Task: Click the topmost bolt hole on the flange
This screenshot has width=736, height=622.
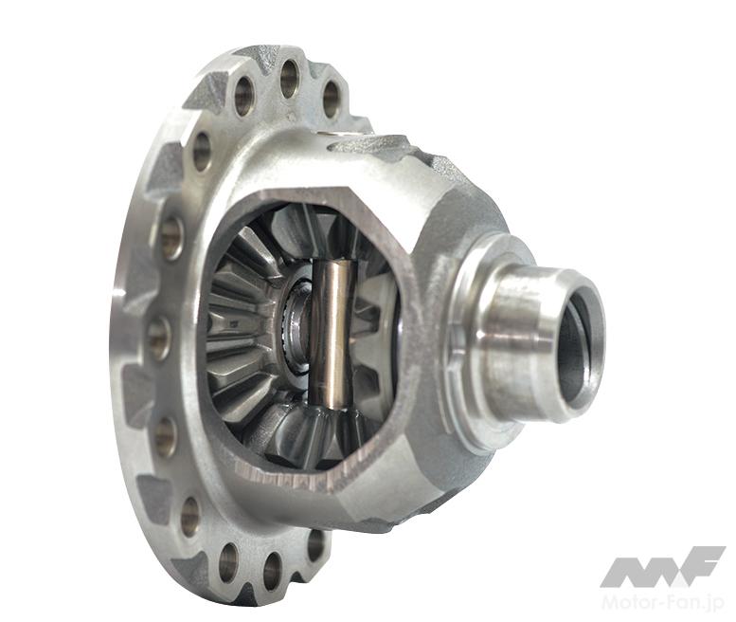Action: tap(290, 78)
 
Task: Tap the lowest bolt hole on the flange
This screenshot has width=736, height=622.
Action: tap(273, 571)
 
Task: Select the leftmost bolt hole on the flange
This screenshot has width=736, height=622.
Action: tap(158, 338)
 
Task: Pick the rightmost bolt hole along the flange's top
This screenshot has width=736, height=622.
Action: tap(332, 100)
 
